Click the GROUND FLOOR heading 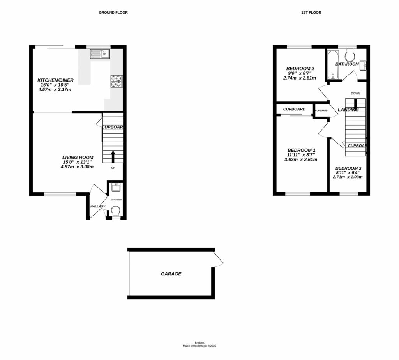(x=113, y=12)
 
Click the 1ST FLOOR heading (x=311, y=12)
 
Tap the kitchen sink (x=101, y=54)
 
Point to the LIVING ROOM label (x=78, y=157)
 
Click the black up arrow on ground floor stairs (x=113, y=156)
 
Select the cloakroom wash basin (x=115, y=188)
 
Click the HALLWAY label (x=98, y=206)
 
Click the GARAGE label (x=171, y=274)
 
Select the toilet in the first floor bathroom (x=350, y=53)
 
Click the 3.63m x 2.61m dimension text (x=301, y=160)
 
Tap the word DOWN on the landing (x=355, y=94)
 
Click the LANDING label (x=348, y=110)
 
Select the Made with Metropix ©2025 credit (x=199, y=346)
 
